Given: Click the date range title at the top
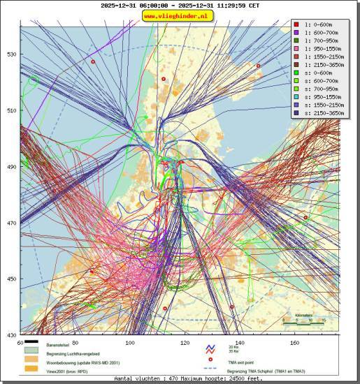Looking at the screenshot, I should pos(180,5).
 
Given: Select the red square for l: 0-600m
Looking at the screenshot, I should pos(296,24).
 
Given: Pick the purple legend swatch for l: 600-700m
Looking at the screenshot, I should pos(296,34).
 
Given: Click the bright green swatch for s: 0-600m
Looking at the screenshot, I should pos(296,79).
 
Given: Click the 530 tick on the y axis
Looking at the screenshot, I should pos(12,54).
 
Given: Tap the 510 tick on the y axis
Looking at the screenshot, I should pos(12,110).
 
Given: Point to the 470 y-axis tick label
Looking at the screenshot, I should pos(12,223).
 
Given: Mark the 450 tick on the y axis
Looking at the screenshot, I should pos(12,279).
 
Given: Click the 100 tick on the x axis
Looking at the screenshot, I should pos(130,343).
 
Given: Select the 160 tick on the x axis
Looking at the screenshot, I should pos(295,343).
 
